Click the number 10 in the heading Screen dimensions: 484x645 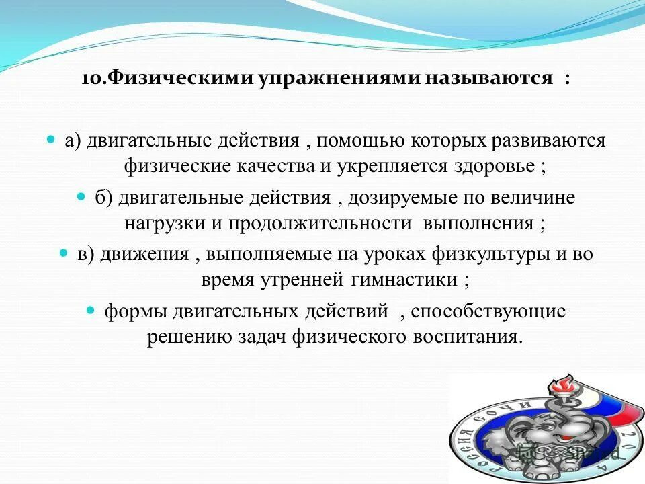coord(90,79)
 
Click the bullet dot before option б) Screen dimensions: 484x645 coord(81,198)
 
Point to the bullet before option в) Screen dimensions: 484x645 coord(64,255)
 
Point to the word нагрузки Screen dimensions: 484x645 coord(160,223)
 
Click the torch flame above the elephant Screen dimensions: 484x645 coord(559,385)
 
